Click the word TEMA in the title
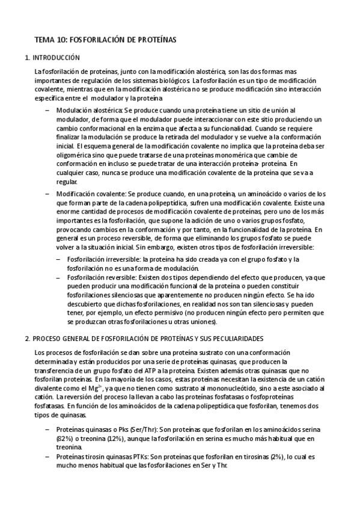[44, 39]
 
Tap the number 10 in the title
[61, 39]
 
